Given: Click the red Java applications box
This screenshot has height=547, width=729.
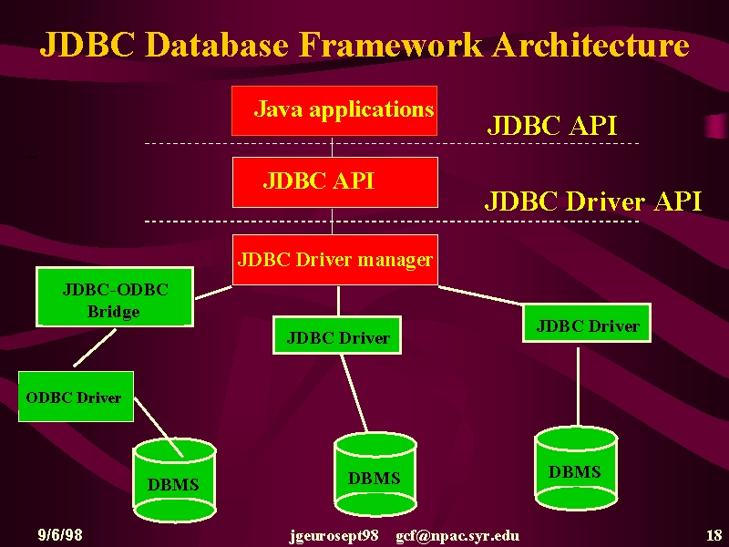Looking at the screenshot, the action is (x=334, y=110).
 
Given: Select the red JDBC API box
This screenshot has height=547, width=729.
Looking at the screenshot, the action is (x=335, y=182).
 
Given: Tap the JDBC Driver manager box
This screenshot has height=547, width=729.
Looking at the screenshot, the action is (x=335, y=260).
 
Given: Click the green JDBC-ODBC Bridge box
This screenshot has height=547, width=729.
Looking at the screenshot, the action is (x=115, y=297).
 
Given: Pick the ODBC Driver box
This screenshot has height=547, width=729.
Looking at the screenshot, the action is (x=76, y=397).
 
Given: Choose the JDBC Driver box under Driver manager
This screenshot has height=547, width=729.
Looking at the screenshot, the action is (x=337, y=335).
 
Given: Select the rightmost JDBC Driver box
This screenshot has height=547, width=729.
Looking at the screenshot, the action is (x=587, y=324).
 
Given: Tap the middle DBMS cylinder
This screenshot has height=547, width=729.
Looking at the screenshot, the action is (x=375, y=474).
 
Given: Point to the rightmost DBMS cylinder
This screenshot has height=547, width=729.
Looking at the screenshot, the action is (x=576, y=468).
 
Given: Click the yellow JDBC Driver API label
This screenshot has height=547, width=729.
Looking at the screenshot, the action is (x=593, y=201).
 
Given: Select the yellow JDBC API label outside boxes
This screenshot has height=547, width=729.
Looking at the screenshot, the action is (x=552, y=125).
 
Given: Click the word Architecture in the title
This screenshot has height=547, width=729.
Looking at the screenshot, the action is (x=590, y=45).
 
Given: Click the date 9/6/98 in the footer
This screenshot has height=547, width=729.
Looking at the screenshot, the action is (x=60, y=534).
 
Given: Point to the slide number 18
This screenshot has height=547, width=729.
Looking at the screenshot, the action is (x=714, y=535).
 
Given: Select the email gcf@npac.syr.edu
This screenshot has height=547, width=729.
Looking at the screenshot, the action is (x=457, y=536).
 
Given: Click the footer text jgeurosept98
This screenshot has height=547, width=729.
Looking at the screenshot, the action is (x=334, y=536).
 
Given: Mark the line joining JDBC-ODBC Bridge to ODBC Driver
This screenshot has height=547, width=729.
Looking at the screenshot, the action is (x=95, y=348).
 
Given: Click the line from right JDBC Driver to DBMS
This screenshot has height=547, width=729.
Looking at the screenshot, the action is (x=578, y=386).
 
